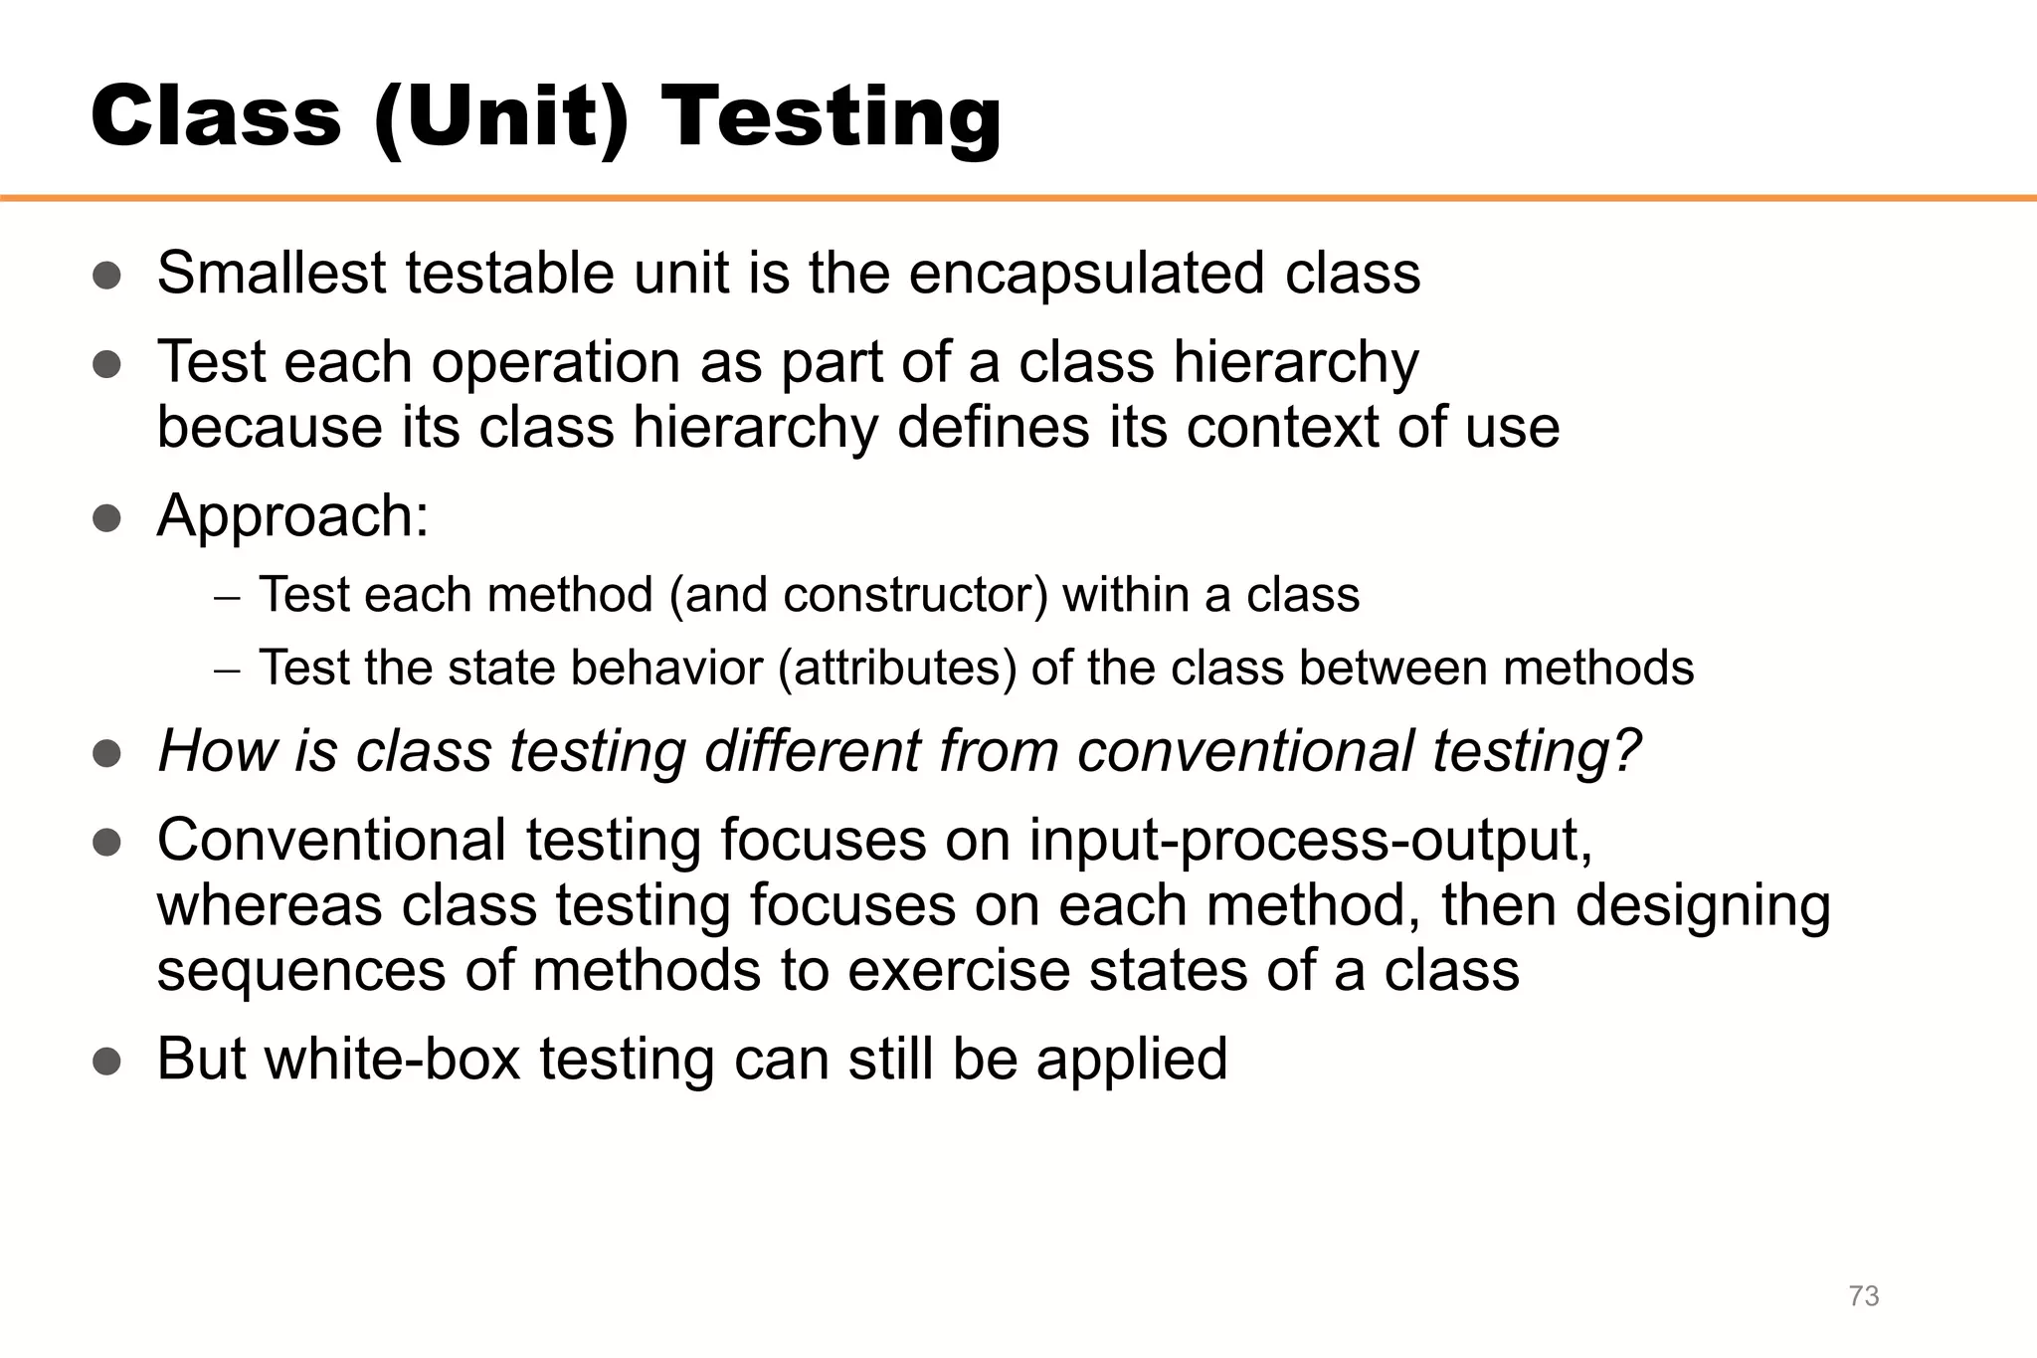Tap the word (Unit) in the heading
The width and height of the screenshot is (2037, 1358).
pyautogui.click(x=501, y=117)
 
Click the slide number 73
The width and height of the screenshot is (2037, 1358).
pyautogui.click(x=1863, y=1296)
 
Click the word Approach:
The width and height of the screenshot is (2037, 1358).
pyautogui.click(x=293, y=515)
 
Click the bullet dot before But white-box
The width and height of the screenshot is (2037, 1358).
pyautogui.click(x=106, y=1061)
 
